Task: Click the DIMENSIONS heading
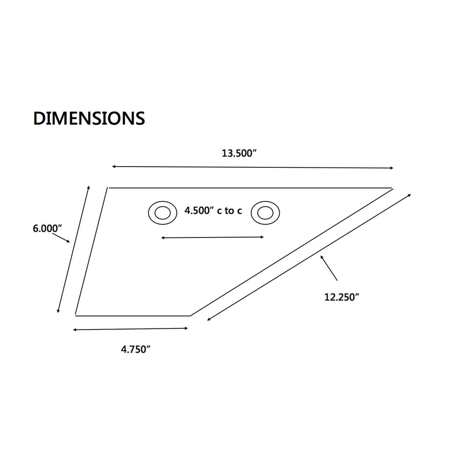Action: [89, 118]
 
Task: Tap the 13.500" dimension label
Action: [239, 153]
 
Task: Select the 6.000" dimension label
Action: [47, 228]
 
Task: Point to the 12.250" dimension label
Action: [341, 297]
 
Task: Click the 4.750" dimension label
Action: [136, 349]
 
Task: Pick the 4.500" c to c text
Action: [213, 211]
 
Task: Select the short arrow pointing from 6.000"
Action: [61, 237]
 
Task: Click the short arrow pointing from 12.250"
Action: [329, 268]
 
